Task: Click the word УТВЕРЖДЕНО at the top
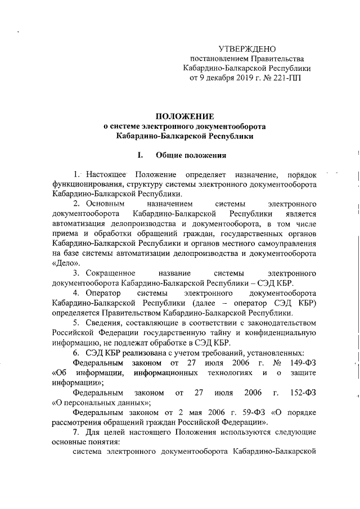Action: point(247,49)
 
